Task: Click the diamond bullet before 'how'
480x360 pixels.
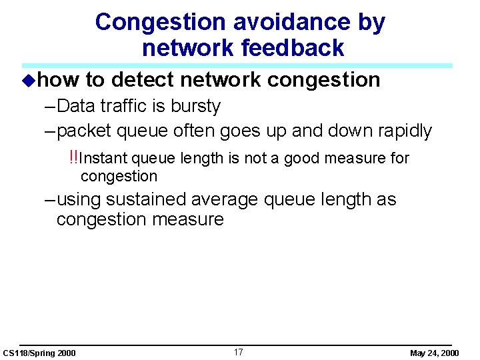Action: (27, 81)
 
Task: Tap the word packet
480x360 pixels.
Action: (85, 131)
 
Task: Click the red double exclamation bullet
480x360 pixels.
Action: (73, 157)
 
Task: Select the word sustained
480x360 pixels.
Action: (148, 199)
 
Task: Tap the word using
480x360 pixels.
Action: (81, 199)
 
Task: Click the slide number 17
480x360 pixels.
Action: (239, 351)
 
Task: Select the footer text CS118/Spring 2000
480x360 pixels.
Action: (39, 353)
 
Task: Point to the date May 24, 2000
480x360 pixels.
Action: (434, 353)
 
